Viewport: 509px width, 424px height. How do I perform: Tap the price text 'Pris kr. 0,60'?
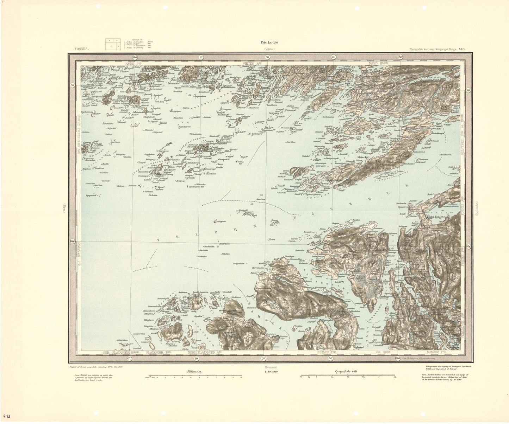pos(269,43)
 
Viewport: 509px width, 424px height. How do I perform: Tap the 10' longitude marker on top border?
pos(200,57)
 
